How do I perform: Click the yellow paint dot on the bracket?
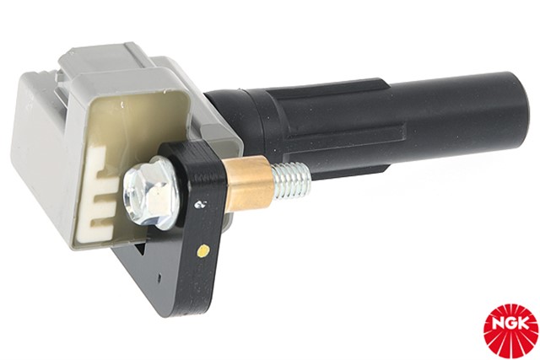tap(204, 250)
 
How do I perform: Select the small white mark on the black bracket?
tap(199, 204)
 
